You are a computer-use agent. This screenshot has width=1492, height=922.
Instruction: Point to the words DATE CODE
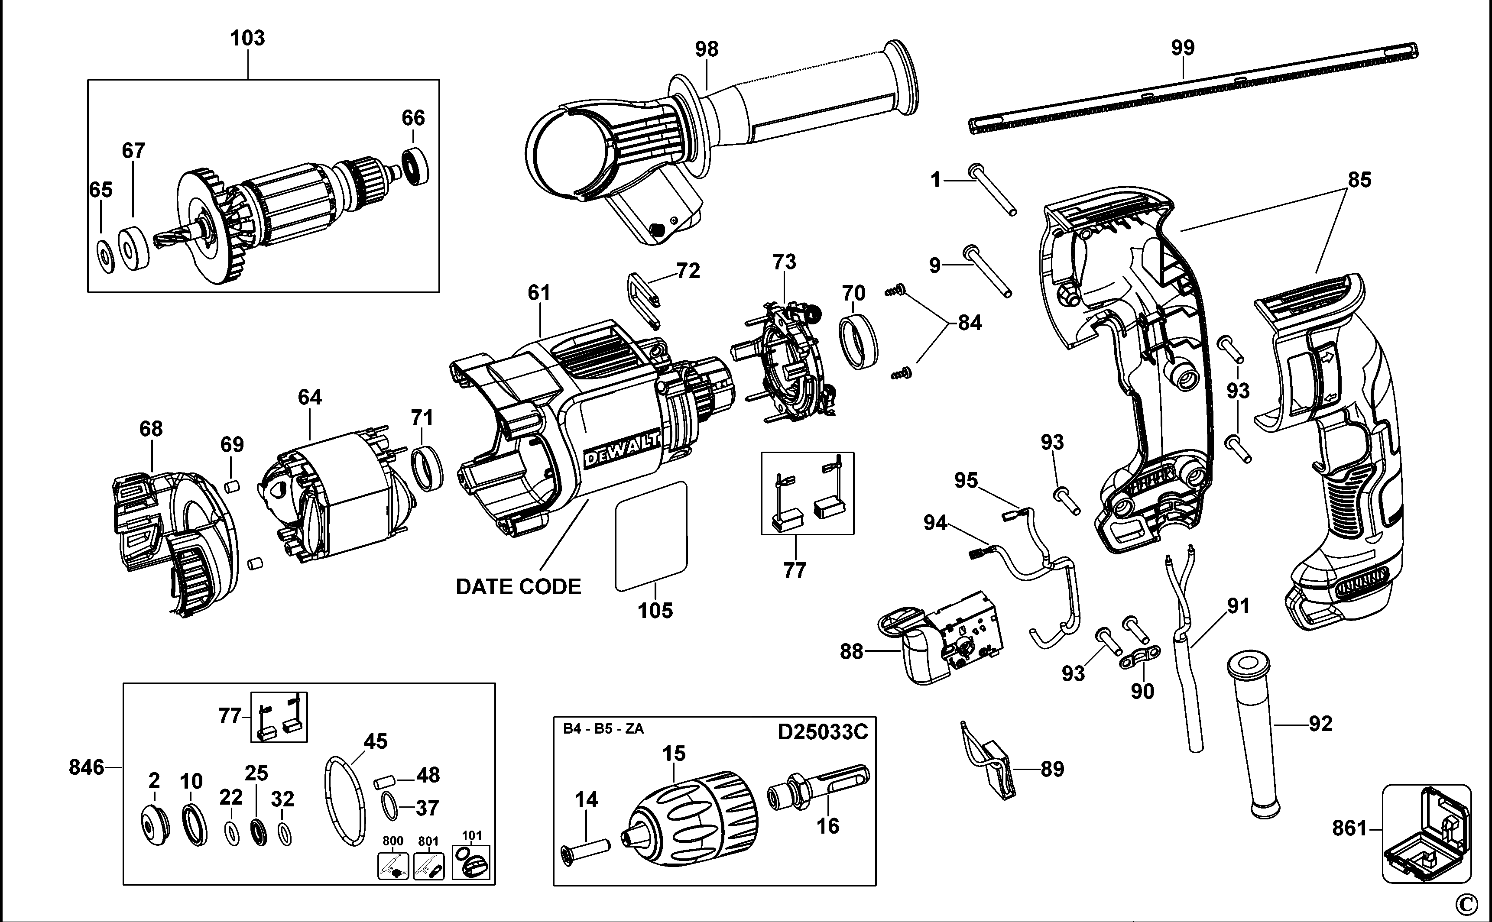(519, 587)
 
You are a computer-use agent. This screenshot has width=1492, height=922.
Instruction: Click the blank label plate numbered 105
(651, 537)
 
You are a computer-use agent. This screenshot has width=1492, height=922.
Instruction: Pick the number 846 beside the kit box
(86, 767)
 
